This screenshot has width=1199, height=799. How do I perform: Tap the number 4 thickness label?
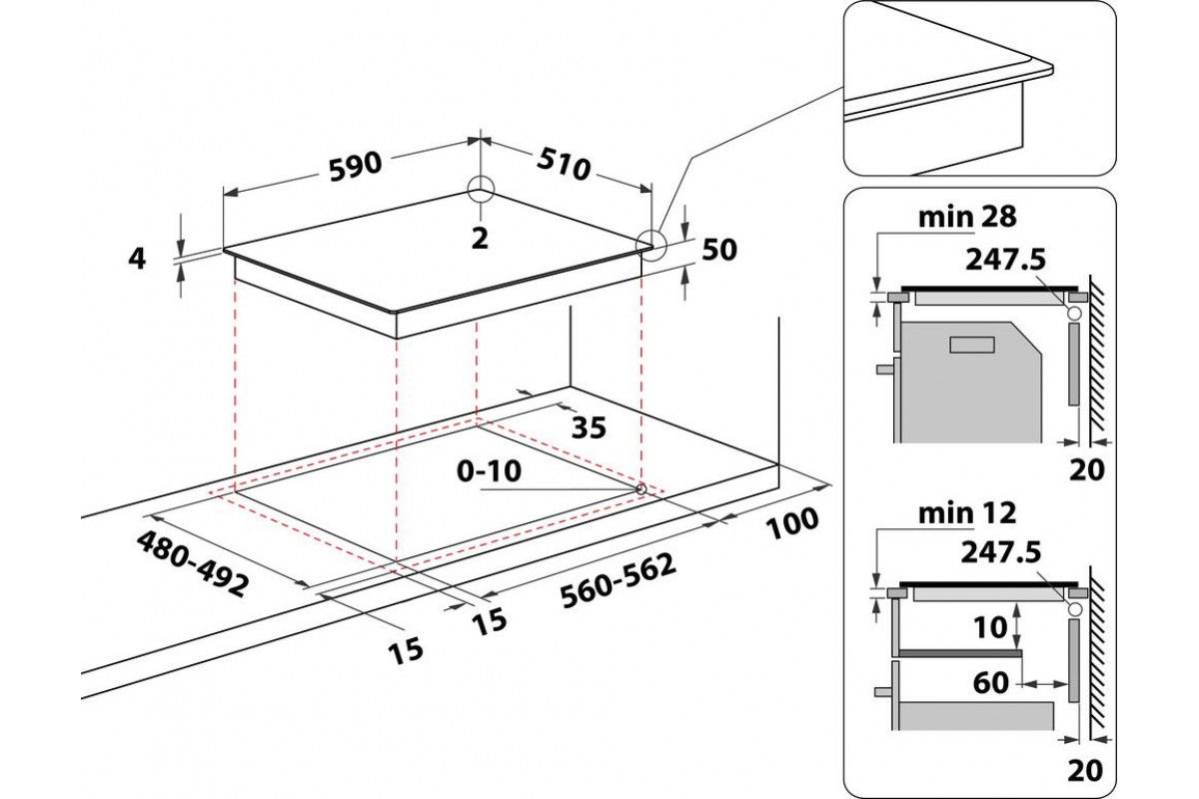[138, 259]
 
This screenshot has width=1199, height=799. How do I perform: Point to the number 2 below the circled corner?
[480, 238]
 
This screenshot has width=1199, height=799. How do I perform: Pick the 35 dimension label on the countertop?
[589, 427]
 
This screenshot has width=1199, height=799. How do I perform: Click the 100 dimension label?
[794, 520]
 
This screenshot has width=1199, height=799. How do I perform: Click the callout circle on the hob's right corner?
[652, 243]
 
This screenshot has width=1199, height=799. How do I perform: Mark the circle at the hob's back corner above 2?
[481, 188]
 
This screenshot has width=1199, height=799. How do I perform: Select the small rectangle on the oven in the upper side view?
[972, 345]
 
